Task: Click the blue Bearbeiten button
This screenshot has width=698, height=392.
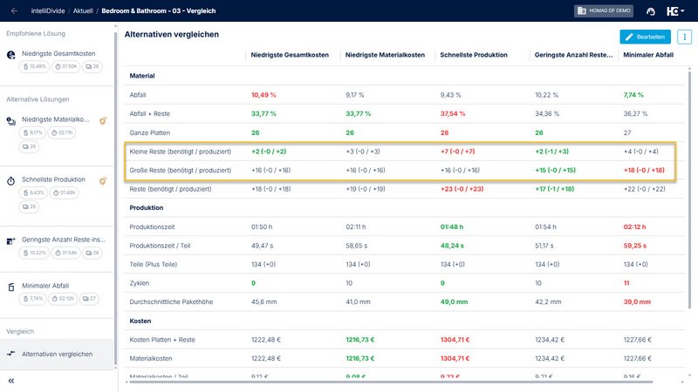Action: (x=646, y=37)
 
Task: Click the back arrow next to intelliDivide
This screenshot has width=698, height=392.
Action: (x=14, y=10)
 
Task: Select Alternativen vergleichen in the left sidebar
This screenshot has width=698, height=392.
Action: (x=58, y=354)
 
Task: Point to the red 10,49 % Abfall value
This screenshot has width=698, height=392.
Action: (x=263, y=94)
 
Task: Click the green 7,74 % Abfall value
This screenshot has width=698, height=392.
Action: (x=635, y=94)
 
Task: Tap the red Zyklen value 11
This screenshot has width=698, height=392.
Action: (x=626, y=283)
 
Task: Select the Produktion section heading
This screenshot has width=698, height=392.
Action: (x=147, y=208)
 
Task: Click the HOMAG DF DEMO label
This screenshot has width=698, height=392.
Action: (x=605, y=10)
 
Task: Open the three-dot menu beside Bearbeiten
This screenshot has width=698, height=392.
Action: (x=685, y=37)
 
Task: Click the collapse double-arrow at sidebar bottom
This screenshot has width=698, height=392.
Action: (x=11, y=381)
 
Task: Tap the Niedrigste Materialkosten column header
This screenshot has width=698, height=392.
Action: (x=385, y=55)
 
